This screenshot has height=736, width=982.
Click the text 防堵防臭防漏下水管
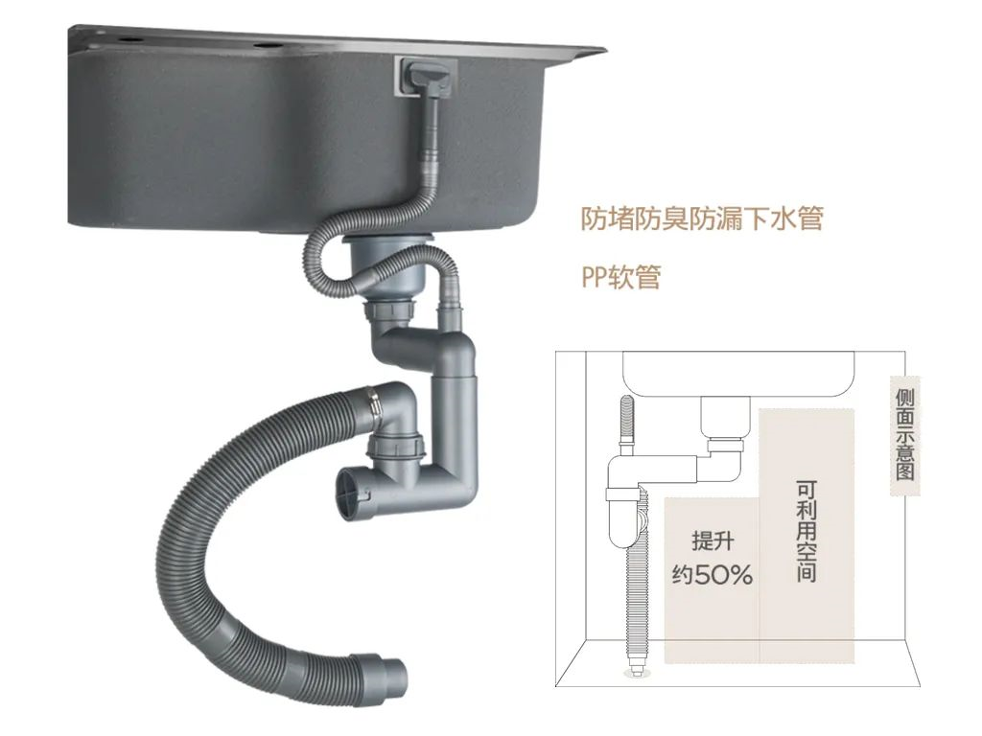tap(702, 218)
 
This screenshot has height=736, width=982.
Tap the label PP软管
tap(620, 277)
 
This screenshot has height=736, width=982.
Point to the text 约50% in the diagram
tap(712, 575)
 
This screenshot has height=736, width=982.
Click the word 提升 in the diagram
tap(712, 542)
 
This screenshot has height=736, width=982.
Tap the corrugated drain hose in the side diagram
tap(633, 575)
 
